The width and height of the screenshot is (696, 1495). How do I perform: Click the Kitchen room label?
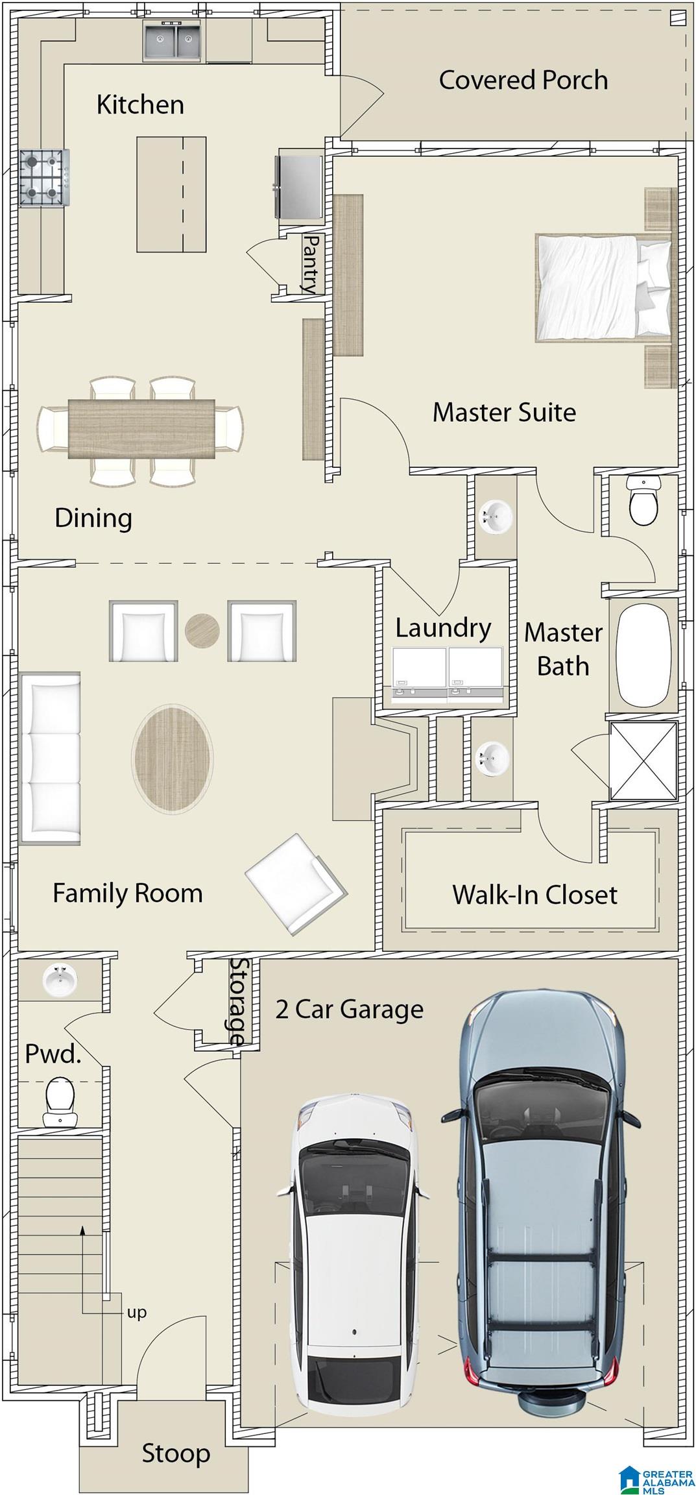[x=140, y=104]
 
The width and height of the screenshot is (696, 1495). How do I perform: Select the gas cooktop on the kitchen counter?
[x=44, y=177]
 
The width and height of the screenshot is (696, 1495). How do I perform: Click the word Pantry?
[x=311, y=264]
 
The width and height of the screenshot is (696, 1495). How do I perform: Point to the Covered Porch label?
[x=523, y=80]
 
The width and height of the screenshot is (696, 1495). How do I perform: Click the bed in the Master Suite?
[x=604, y=287]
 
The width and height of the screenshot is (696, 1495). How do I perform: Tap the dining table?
[x=141, y=428]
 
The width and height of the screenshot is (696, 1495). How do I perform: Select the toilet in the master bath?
[x=643, y=500]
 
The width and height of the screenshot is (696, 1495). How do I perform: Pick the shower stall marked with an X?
[x=643, y=760]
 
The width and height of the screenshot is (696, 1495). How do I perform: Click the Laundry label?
[x=443, y=628]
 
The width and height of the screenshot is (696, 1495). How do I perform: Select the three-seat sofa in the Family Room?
[x=50, y=759]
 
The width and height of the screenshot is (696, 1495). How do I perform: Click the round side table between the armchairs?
[x=202, y=630]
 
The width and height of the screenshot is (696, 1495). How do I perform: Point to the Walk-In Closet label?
[x=534, y=895]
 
